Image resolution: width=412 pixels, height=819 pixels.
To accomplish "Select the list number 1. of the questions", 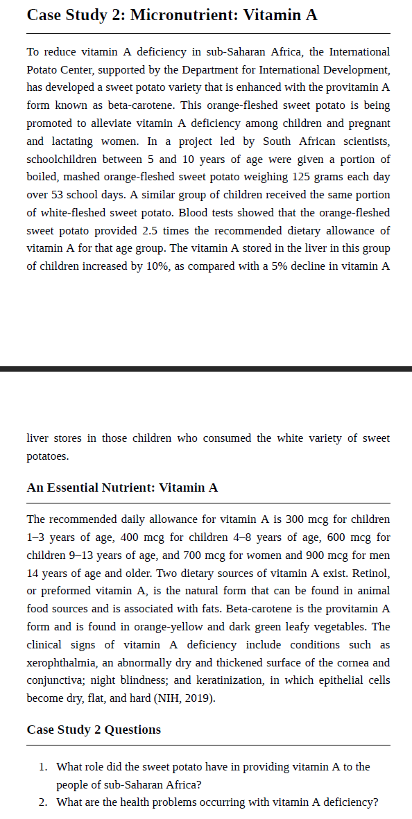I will [44, 766].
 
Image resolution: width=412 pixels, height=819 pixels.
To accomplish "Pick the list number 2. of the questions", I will [44, 802].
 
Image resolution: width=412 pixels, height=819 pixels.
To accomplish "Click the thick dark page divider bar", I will [206, 369].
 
